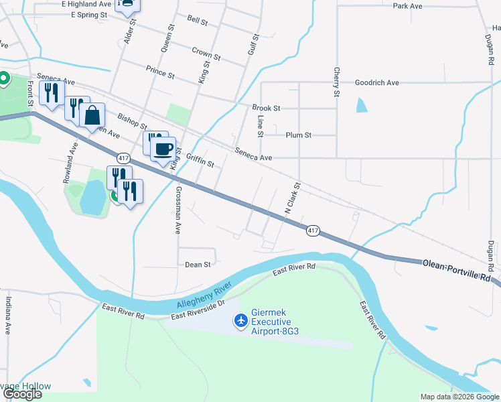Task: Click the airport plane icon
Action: pyautogui.click(x=240, y=322)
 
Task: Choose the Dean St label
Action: pyautogui.click(x=198, y=265)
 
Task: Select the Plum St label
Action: pyautogui.click(x=299, y=135)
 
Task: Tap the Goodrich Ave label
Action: pyautogui.click(x=376, y=82)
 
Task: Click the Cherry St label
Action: pyautogui.click(x=336, y=82)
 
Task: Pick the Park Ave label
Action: pyautogui.click(x=407, y=6)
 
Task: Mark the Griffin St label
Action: pyautogui.click(x=200, y=161)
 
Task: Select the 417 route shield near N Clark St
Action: pyautogui.click(x=313, y=231)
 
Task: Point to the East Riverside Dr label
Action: pyautogui.click(x=199, y=310)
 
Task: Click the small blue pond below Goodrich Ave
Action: pyautogui.click(x=362, y=105)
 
